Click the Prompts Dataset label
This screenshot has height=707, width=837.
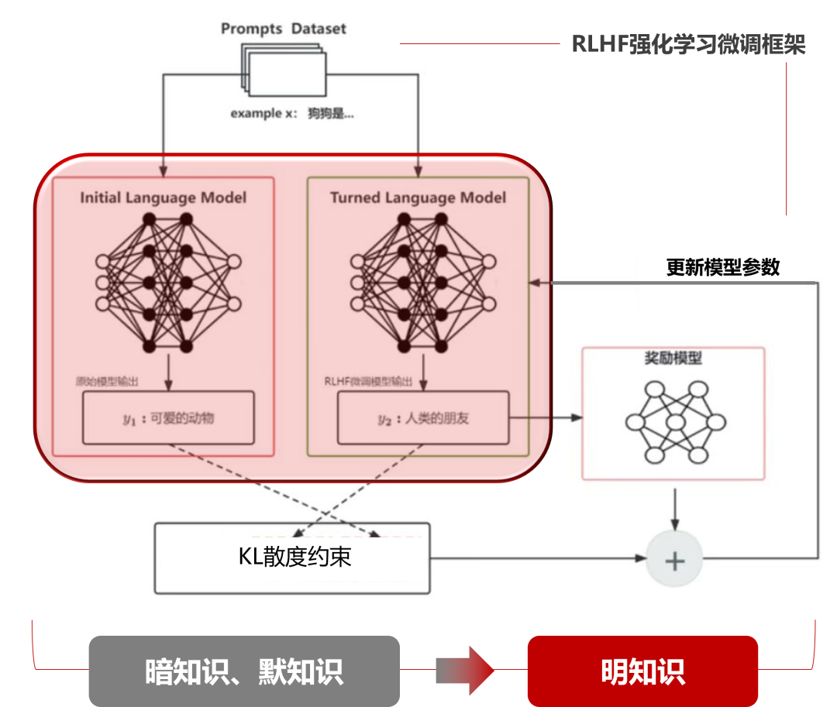[283, 29]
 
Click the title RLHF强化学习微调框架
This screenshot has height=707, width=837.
[688, 44]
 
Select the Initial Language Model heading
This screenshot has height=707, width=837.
[164, 197]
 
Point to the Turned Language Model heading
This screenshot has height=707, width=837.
[418, 197]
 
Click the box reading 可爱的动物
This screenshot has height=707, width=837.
[168, 418]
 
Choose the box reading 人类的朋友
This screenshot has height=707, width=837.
[423, 418]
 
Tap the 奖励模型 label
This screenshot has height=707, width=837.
[673, 359]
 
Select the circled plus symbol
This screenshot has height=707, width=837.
[675, 560]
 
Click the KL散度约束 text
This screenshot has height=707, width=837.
[294, 557]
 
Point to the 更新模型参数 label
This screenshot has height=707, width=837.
[722, 267]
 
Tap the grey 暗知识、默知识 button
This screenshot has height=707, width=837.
[244, 671]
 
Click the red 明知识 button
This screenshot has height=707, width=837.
[642, 671]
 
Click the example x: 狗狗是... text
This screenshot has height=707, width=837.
[292, 114]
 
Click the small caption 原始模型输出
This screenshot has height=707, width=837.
[107, 381]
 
